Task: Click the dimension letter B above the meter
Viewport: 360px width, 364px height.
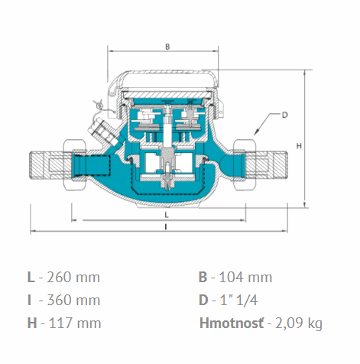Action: [167, 47]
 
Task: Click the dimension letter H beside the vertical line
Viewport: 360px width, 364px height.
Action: [299, 146]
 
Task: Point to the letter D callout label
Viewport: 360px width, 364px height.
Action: [284, 115]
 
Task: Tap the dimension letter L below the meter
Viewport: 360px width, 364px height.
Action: [167, 215]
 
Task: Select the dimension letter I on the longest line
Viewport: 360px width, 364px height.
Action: [166, 226]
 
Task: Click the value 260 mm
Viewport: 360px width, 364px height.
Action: [73, 278]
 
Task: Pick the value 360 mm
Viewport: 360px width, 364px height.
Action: [73, 300]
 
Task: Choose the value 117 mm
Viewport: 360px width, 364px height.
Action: [74, 323]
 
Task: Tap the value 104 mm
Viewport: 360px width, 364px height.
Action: [245, 278]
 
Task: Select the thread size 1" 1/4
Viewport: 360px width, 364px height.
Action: [238, 300]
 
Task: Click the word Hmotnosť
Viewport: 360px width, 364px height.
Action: [232, 323]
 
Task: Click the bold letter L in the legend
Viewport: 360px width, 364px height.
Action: [31, 277]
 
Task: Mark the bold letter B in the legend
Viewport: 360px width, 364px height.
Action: [203, 277]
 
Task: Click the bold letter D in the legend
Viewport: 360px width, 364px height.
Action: [203, 300]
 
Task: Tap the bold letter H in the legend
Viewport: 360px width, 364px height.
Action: [32, 323]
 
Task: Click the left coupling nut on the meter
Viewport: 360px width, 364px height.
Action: [76, 164]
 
